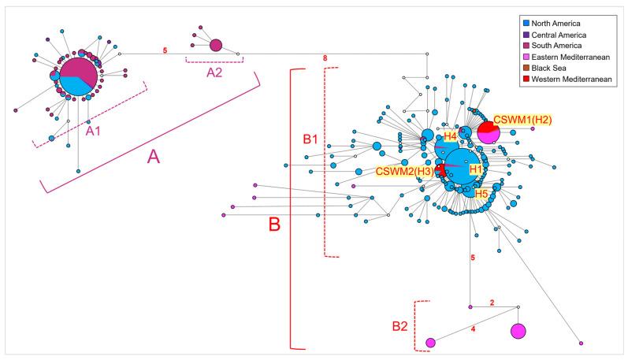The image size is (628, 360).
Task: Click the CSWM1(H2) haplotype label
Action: tap(522, 120)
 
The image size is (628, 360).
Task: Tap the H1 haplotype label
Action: tap(475, 169)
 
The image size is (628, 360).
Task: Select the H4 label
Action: tap(450, 136)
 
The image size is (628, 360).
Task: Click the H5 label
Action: tap(481, 193)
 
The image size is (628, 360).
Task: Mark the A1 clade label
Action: tap(93, 131)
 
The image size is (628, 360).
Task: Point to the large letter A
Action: tap(154, 158)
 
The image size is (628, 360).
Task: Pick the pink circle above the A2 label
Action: tap(216, 45)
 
